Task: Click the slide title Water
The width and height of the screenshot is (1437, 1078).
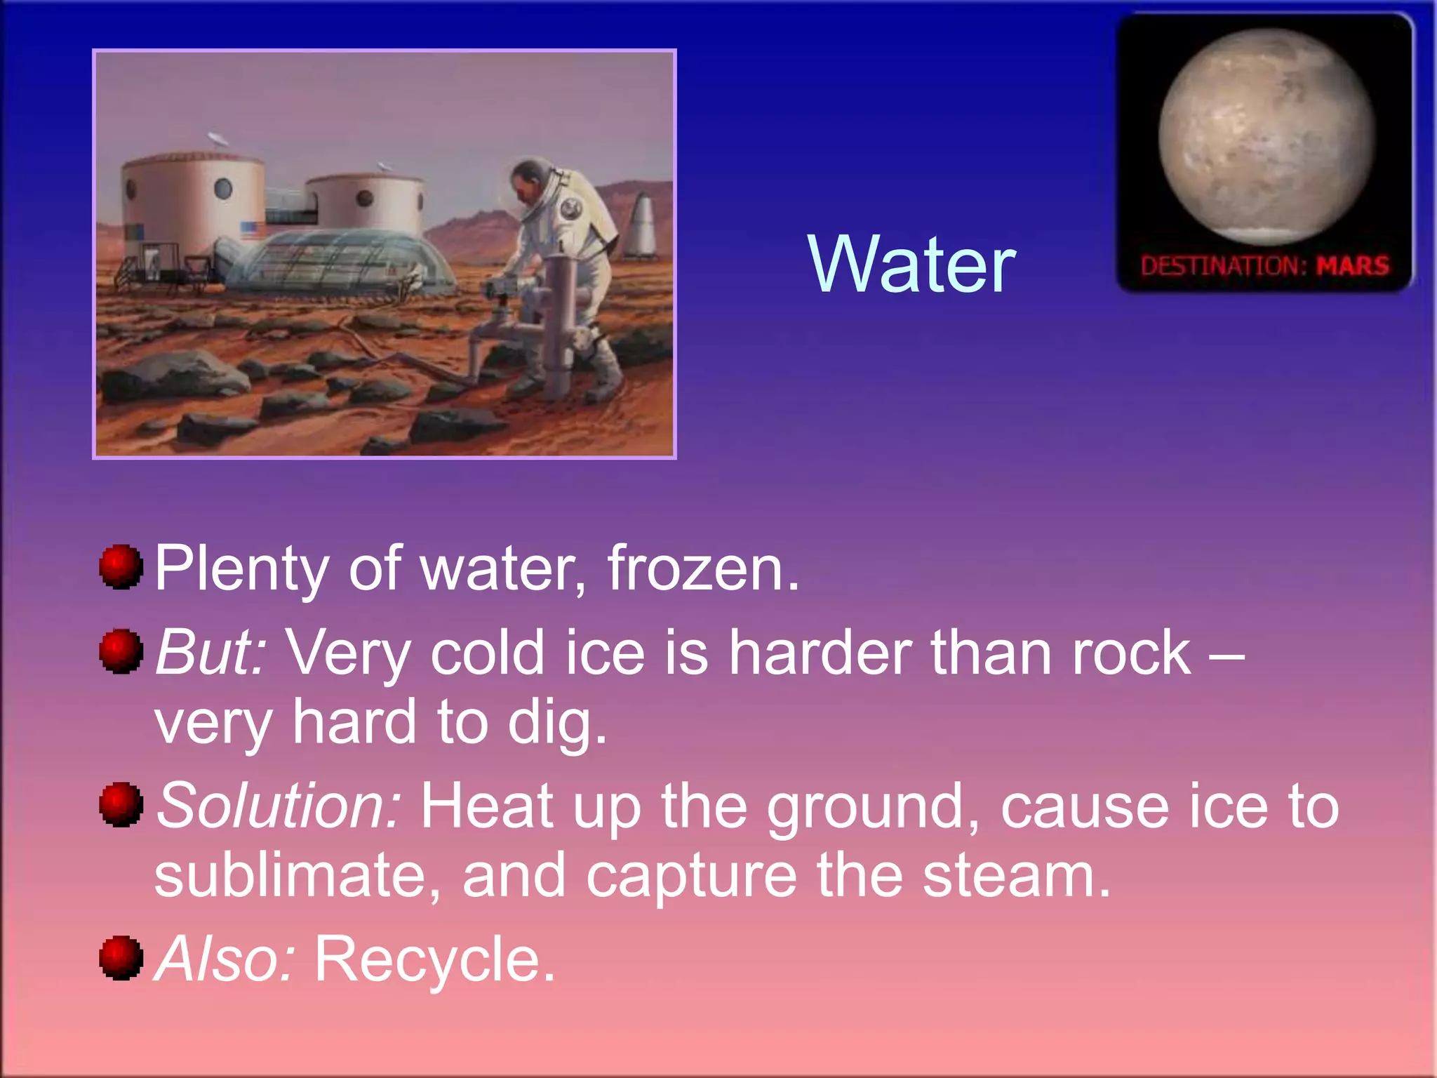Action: point(911,265)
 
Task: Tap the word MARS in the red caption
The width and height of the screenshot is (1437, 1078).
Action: point(1352,266)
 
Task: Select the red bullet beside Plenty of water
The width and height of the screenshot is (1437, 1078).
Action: point(121,566)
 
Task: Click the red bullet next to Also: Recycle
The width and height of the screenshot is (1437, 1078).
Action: point(121,957)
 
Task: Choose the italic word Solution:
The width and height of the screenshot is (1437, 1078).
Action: point(279,806)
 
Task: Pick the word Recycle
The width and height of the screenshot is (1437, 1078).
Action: point(434,959)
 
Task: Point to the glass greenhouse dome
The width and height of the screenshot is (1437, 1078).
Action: point(344,260)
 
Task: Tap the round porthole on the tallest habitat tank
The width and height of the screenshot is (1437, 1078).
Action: point(222,188)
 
